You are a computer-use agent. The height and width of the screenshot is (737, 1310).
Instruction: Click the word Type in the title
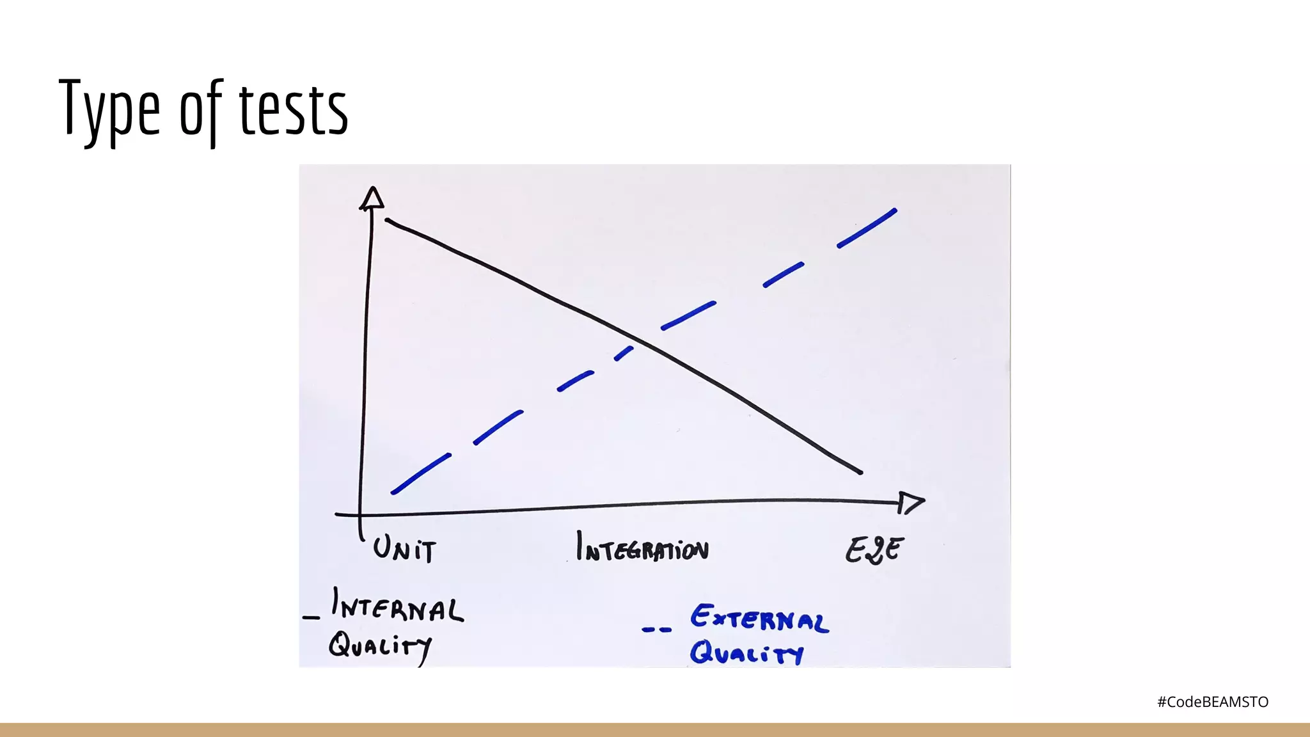(x=109, y=109)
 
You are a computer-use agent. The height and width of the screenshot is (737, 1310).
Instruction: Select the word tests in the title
(x=294, y=110)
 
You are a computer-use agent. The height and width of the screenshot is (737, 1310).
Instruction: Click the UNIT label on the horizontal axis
(x=404, y=550)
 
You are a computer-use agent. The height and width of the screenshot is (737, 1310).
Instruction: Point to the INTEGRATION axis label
(x=642, y=548)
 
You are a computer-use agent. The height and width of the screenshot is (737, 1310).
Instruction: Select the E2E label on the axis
(x=874, y=550)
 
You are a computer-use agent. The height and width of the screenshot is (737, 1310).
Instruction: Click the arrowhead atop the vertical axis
(x=372, y=198)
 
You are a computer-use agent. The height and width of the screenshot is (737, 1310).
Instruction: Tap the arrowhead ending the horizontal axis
(x=910, y=503)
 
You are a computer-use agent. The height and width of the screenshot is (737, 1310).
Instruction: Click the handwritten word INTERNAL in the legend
(x=397, y=606)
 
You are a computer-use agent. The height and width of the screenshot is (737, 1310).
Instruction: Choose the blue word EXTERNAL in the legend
(x=759, y=619)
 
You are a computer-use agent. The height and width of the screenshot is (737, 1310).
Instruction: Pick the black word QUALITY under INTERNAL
(x=380, y=646)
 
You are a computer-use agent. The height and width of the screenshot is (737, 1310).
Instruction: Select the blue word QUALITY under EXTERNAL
(x=746, y=653)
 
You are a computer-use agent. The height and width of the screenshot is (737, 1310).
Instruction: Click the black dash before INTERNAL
(x=311, y=617)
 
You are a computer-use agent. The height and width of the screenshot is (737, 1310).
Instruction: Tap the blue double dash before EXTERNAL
(x=657, y=630)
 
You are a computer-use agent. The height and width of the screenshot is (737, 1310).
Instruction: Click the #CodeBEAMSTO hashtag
(x=1212, y=702)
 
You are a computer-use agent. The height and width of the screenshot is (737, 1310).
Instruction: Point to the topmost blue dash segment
(x=867, y=228)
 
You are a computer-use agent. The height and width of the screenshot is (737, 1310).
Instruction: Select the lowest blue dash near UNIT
(x=421, y=473)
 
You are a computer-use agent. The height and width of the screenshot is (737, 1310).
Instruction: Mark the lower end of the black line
(x=860, y=472)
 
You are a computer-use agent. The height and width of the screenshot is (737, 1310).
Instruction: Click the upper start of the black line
(x=388, y=221)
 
